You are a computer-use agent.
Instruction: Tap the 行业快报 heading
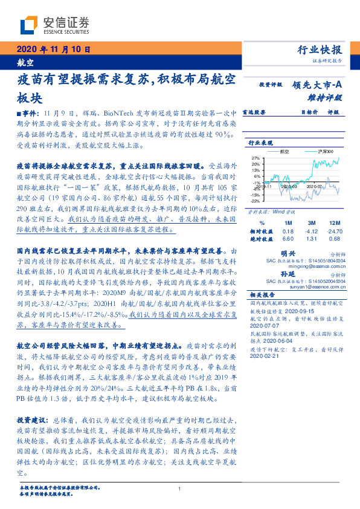[320, 50]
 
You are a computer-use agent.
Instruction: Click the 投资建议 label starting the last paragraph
[31, 418]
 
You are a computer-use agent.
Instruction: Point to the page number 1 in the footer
[180, 489]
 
